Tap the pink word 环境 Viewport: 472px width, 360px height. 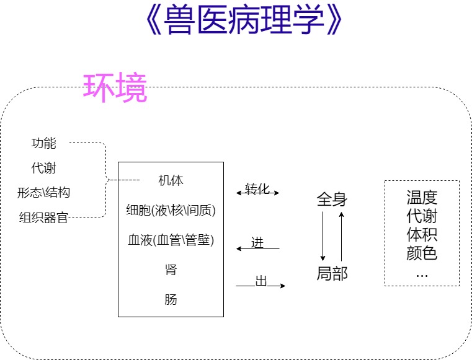(x=115, y=89)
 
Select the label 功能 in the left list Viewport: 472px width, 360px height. (x=44, y=143)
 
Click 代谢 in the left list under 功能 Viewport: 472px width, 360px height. (x=44, y=168)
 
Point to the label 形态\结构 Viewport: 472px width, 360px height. (x=43, y=192)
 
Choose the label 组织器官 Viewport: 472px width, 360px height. (x=43, y=217)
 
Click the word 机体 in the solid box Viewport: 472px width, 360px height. (x=171, y=181)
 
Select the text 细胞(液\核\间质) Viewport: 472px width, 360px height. (x=171, y=210)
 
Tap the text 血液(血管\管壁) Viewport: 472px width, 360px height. (x=171, y=240)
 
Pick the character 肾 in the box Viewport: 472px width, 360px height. (x=171, y=270)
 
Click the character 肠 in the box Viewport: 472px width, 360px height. (x=171, y=299)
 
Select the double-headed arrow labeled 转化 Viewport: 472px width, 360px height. (x=258, y=193)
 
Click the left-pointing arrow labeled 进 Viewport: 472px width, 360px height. (x=258, y=248)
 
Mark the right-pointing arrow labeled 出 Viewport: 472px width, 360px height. (x=260, y=286)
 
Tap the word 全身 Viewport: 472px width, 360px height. (x=332, y=200)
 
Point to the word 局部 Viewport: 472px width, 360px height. (x=332, y=274)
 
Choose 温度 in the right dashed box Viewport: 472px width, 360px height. (x=422, y=198)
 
